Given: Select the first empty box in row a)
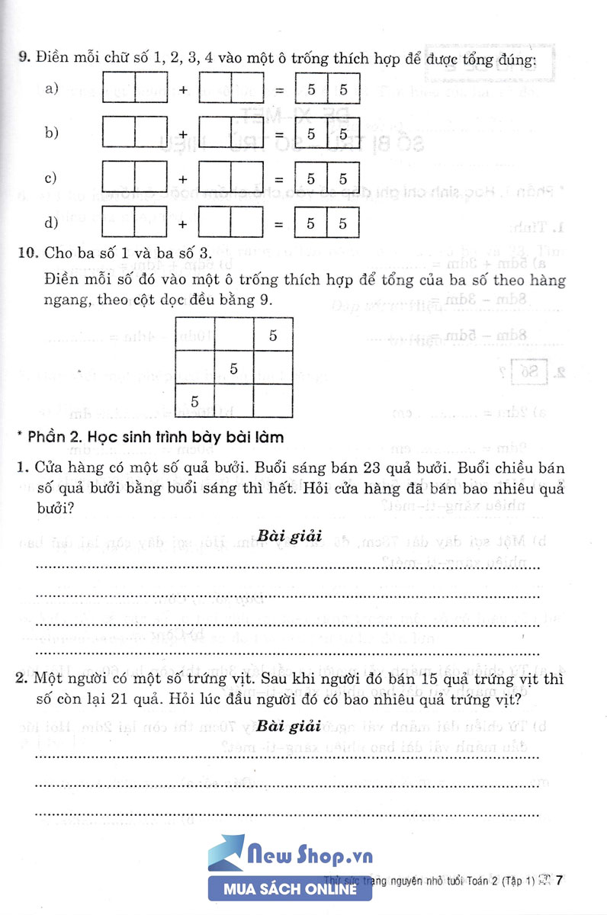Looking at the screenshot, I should tap(118, 89).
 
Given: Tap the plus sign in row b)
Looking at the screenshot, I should tap(183, 134).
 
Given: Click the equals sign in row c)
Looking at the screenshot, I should tap(279, 179).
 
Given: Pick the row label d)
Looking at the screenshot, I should tap(52, 223).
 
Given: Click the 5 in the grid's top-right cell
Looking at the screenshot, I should tap(273, 335).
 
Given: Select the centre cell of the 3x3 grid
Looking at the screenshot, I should tap(234, 368).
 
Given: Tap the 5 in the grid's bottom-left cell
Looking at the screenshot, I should tap(194, 401).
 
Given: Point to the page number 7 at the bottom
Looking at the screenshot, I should tap(560, 882).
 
